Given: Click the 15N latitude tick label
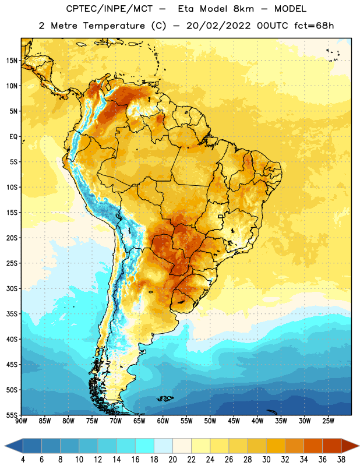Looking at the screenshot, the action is click(x=12, y=61).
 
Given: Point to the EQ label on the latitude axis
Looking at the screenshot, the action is click(x=13, y=137).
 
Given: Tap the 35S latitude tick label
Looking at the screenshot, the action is click(x=12, y=314).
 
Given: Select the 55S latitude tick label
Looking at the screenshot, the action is click(x=12, y=415).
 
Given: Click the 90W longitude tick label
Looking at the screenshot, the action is click(x=21, y=421).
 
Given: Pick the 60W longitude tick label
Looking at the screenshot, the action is click(x=163, y=421).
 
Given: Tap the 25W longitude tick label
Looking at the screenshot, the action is click(x=328, y=421).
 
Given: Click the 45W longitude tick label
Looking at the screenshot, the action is click(x=234, y=421).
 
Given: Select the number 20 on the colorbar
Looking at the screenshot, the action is click(x=172, y=460).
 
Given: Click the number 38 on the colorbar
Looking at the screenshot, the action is click(x=341, y=460).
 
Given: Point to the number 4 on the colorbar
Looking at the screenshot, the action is click(x=23, y=460).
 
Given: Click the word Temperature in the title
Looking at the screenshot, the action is click(x=114, y=26).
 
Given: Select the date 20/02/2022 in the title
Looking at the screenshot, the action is click(x=218, y=26).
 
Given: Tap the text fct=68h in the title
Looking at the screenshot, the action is click(x=314, y=26).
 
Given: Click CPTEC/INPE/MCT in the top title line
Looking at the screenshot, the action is click(x=109, y=9).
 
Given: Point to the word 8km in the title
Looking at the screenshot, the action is click(x=243, y=9).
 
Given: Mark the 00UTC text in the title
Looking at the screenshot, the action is click(x=273, y=26).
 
